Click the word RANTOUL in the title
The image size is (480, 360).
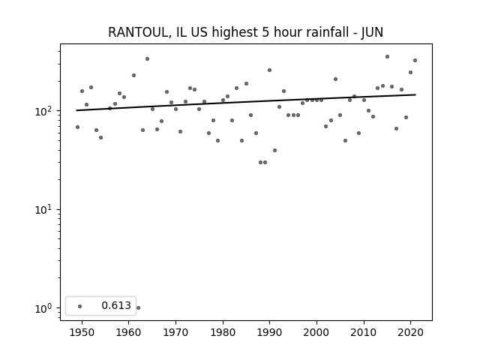(138, 32)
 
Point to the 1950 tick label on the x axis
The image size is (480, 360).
(82, 332)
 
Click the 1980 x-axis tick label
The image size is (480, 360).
(223, 332)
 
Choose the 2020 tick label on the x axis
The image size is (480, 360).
(410, 332)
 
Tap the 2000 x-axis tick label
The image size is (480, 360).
(316, 332)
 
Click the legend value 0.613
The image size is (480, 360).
(116, 305)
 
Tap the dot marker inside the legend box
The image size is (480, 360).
(80, 306)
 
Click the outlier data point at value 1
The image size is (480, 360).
(138, 308)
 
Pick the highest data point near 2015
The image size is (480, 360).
(387, 57)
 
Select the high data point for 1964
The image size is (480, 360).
(147, 58)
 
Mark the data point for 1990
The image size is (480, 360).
(270, 70)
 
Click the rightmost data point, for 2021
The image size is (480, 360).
(415, 60)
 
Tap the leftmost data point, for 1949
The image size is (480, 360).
(77, 127)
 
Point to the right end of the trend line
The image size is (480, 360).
(415, 94)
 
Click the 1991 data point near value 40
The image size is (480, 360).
(274, 150)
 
